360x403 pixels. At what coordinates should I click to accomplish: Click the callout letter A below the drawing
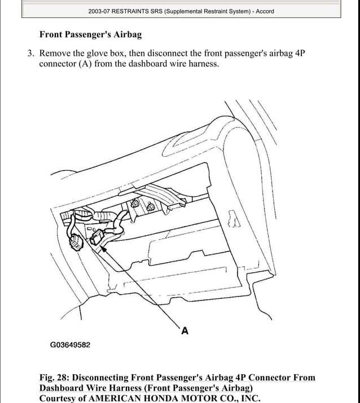185,331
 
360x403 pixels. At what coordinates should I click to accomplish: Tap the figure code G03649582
70,345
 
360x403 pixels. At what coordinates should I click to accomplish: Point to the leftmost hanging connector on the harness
74,243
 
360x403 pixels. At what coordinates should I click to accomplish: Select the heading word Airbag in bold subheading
126,34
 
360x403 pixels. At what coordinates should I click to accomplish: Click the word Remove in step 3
55,54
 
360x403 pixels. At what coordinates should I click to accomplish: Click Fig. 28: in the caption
55,378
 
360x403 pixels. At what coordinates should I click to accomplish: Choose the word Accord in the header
265,11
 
